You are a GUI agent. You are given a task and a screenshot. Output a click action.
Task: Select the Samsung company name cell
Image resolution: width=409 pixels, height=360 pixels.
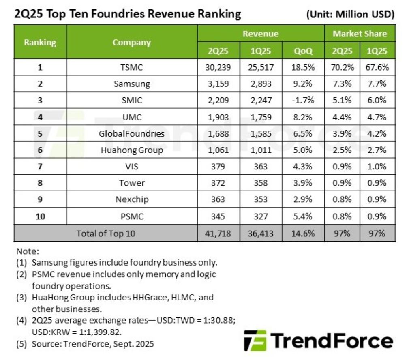coord(132,84)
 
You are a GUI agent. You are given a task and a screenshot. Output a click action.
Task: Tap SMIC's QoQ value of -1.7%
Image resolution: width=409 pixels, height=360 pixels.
coord(303,101)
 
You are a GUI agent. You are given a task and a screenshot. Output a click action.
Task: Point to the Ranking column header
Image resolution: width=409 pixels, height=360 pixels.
coord(40,42)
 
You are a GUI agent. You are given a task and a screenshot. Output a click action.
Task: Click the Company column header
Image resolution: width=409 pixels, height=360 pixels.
coord(132,42)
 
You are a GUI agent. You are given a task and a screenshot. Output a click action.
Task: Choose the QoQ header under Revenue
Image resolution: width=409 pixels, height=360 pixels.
coord(303,51)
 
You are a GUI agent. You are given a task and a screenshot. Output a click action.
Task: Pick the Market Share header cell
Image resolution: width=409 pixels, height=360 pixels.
coord(360,34)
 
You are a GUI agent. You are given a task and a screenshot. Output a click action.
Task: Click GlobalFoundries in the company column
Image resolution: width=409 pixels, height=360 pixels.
coord(132,134)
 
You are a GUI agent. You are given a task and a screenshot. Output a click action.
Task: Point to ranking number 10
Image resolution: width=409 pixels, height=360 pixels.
coord(40,216)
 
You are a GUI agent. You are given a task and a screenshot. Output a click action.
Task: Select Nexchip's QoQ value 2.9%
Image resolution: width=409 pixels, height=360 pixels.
coord(303,200)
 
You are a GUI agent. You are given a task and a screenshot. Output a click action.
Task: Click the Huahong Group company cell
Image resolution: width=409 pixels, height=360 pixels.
coord(132,150)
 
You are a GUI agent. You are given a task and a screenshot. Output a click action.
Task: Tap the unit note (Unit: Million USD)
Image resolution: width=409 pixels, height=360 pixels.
coord(351,15)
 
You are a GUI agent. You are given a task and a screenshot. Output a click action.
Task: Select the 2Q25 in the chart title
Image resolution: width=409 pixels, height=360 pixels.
coord(28,14)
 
